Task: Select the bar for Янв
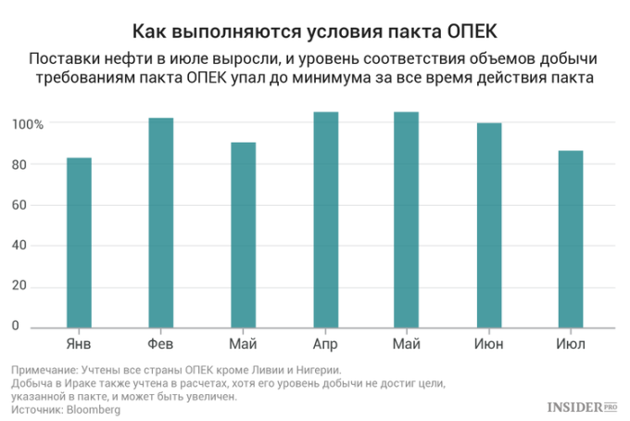coord(79,242)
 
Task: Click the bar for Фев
coord(161,223)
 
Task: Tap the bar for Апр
coord(325,220)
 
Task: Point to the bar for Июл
coord(571,238)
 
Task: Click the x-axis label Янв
coord(79,344)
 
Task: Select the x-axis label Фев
coord(161,344)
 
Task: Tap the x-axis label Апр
coord(325,344)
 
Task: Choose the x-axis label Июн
coord(489,344)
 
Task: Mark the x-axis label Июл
coord(571,344)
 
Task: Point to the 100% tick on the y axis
coord(28,124)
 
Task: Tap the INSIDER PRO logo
coord(582,405)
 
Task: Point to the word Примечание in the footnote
coord(44,369)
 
